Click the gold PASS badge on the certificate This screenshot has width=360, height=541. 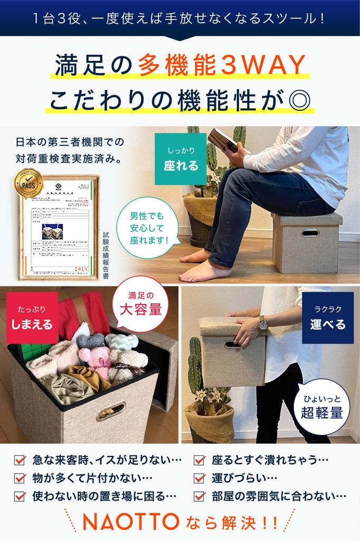28,183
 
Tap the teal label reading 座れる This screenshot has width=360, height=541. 181,159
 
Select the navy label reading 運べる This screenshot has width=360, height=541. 328,318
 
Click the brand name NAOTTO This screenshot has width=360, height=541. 131,522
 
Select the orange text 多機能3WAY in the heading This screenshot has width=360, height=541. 222,66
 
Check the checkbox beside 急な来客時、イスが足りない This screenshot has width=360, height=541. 20,460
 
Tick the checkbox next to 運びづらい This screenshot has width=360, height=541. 200,478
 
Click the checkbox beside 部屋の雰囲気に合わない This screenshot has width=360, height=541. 200,496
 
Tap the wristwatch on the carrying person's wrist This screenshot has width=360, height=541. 263,323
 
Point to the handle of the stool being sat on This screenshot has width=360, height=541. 310,233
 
